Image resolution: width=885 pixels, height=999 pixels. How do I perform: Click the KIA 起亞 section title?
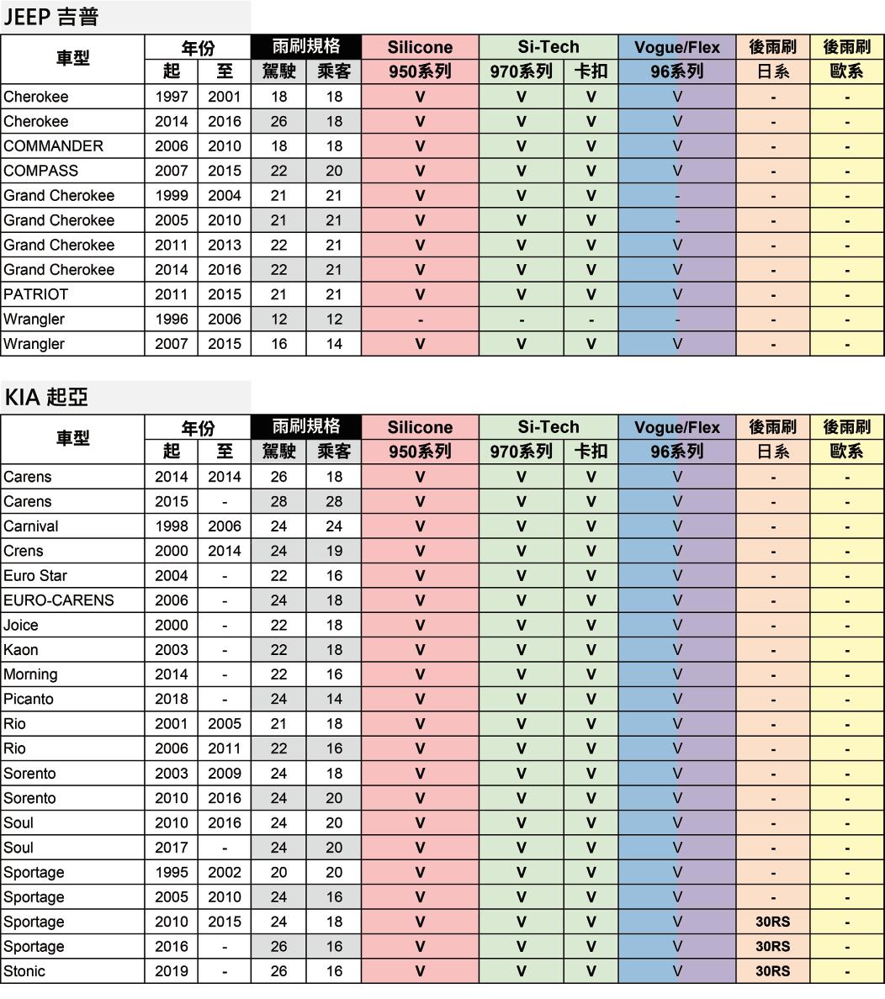[x=45, y=397]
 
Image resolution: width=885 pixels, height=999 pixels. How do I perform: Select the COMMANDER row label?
[x=54, y=146]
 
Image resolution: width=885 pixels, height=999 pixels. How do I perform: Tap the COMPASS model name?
[x=40, y=171]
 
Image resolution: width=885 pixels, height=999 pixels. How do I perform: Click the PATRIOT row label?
[x=35, y=294]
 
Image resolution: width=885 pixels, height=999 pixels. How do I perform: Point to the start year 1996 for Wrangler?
[x=172, y=320]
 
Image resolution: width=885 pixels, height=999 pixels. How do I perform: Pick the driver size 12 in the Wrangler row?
[x=278, y=320]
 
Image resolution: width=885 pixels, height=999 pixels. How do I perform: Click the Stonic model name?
[x=24, y=971]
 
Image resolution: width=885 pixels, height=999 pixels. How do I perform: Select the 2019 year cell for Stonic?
[x=172, y=971]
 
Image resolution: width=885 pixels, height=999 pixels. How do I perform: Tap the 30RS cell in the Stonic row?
[x=772, y=971]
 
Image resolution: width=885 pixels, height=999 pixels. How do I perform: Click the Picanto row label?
[x=28, y=699]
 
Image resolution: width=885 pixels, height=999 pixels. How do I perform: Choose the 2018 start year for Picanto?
[x=172, y=699]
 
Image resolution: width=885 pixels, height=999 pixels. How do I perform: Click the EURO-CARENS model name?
[x=58, y=600]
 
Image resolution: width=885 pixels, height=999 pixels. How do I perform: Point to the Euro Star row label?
[x=35, y=576]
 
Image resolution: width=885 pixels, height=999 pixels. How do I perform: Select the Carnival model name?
[x=30, y=526]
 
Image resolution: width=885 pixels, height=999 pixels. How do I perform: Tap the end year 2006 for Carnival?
[x=225, y=526]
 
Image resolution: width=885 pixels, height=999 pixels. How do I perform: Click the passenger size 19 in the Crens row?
[x=334, y=551]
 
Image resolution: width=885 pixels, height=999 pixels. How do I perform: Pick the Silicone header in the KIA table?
[x=420, y=427]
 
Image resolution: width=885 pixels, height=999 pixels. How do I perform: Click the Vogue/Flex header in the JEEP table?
[x=677, y=47]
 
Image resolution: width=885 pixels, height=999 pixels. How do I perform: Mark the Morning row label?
[x=30, y=674]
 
